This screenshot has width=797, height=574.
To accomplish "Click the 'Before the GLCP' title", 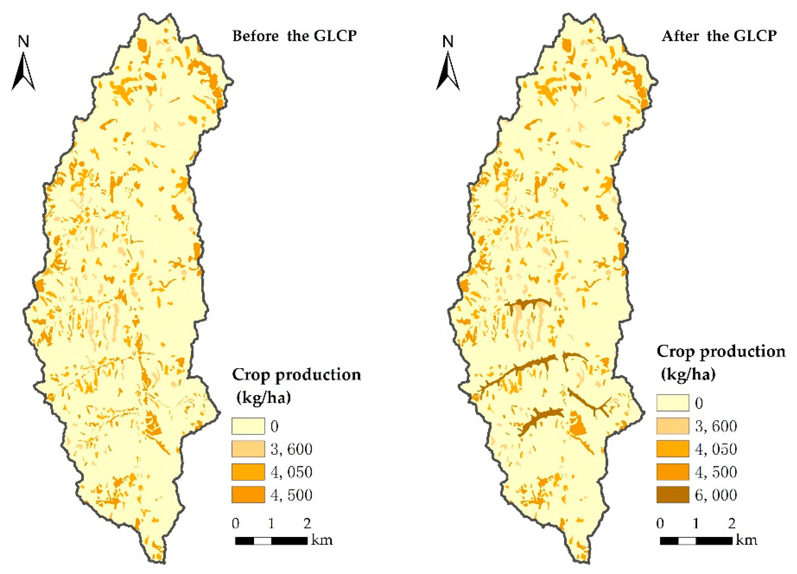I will (294, 36).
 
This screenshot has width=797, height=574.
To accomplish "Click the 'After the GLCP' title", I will (719, 36).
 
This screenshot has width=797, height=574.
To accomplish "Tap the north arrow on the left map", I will (23, 72).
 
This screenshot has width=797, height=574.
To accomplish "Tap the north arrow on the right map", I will (448, 72).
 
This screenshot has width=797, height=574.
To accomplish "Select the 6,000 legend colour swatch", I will (672, 495).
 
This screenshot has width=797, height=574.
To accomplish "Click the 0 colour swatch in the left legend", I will (248, 426).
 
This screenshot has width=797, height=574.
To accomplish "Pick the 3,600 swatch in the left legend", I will (248, 449).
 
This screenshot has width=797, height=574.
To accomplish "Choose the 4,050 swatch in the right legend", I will (672, 449).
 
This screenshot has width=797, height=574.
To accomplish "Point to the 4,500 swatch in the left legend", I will (248, 495).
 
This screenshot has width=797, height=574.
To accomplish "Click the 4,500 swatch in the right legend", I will (672, 472).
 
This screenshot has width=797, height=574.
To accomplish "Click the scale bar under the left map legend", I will (271, 541).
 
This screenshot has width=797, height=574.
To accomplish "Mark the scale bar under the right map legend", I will (696, 541).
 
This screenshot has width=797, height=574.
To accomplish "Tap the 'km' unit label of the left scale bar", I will (322, 539).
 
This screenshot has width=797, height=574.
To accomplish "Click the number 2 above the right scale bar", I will (732, 524).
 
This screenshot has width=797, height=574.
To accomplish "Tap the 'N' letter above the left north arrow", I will (23, 42).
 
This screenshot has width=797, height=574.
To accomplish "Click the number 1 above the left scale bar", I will (271, 524).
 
